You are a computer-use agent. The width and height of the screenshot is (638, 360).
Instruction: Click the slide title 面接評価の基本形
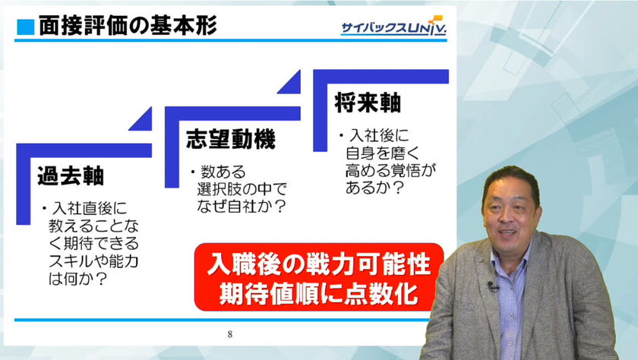[x=128, y=26]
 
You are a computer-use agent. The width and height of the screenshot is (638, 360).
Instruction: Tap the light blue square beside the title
[x=25, y=27]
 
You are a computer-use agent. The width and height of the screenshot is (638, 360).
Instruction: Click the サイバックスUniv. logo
[x=393, y=27]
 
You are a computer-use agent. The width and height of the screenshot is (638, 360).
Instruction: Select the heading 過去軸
[x=71, y=175]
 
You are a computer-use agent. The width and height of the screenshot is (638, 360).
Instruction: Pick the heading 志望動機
[x=231, y=139]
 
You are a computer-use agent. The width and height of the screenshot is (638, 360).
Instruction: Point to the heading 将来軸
[x=368, y=103]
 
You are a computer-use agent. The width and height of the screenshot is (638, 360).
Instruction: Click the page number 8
[x=230, y=334]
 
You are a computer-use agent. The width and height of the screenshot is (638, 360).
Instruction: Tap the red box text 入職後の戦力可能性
[x=318, y=264]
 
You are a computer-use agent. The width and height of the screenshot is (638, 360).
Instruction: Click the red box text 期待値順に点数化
[x=318, y=293]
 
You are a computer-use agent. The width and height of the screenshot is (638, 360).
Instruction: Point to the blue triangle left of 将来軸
[x=292, y=85]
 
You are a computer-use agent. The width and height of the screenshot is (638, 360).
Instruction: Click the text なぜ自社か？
[x=242, y=207]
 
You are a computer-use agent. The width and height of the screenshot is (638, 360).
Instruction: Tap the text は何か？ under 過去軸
[x=77, y=279]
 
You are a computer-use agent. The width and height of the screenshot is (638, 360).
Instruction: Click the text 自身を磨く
[x=383, y=153]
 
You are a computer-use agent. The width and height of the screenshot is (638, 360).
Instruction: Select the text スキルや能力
[x=93, y=261]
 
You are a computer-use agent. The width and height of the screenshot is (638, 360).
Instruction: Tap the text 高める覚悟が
[x=390, y=170]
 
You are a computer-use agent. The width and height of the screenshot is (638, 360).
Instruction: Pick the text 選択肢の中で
[x=242, y=189]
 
